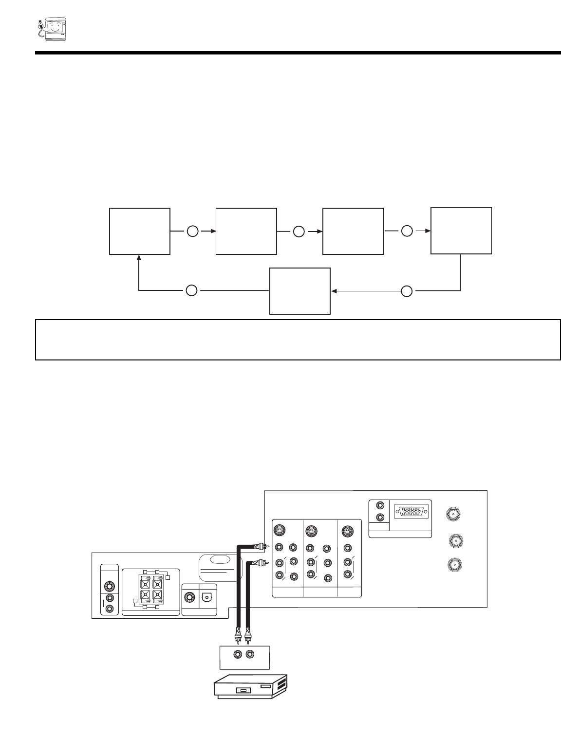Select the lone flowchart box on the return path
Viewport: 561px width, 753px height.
coord(300,291)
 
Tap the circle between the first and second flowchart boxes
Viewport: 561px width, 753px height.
coord(192,232)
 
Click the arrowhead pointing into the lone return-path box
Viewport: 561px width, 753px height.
coord(334,291)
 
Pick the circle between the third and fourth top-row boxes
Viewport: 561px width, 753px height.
coord(407,232)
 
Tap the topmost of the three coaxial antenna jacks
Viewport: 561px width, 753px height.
coord(453,514)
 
